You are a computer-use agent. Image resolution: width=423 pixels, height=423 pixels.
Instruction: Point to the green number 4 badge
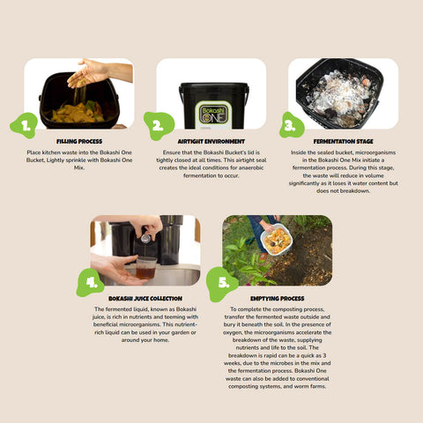point(92,282)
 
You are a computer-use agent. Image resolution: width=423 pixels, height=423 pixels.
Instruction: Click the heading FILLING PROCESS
point(78,140)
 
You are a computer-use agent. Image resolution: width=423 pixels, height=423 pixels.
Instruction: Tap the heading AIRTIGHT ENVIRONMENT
point(211,140)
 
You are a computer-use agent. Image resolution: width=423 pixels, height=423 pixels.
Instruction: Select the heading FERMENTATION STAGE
point(343,140)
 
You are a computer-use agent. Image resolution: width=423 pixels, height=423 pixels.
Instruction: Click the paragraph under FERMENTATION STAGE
point(343,171)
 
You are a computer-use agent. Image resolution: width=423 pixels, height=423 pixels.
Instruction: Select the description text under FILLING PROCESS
point(78,158)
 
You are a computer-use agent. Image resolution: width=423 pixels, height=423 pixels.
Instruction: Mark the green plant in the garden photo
point(242,260)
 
